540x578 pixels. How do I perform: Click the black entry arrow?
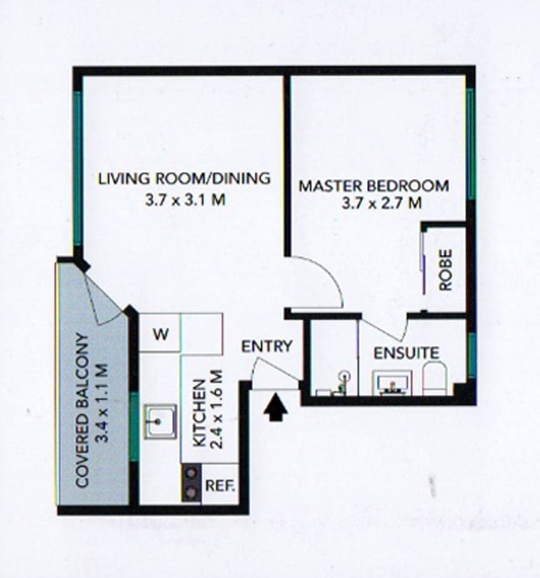pos(276,407)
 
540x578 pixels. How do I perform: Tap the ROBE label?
pos(445,270)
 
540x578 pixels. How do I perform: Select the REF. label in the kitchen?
pos(220,485)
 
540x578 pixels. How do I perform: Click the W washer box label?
pos(161,334)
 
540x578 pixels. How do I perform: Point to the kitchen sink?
pos(160,422)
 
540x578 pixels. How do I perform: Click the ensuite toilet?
pos(434,378)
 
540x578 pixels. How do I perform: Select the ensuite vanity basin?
pos(392,383)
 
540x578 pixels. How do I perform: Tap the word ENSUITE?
pos(406,353)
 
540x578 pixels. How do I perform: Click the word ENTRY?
pos(266,346)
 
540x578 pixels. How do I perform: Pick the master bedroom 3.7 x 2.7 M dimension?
pos(381,203)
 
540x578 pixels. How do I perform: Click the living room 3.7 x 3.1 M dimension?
pos(185,200)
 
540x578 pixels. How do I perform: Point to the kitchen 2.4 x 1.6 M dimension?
pos(216,409)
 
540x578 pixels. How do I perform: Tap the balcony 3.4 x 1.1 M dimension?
pos(101,403)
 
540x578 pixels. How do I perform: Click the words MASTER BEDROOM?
pos(374,186)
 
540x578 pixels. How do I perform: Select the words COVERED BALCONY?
pos(82,411)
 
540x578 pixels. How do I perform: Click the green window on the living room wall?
pos(77,169)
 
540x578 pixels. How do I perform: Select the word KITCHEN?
pos(199,413)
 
